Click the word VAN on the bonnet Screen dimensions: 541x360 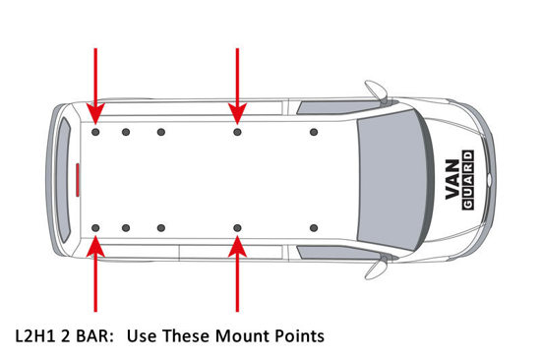(x=452, y=179)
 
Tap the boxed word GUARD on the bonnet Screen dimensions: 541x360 (x=467, y=180)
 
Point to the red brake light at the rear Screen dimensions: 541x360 (x=78, y=179)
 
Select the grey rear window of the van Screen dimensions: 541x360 (x=64, y=180)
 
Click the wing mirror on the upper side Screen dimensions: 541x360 (x=376, y=90)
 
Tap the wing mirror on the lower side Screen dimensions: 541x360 (x=376, y=269)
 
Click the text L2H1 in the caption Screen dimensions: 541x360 (x=35, y=335)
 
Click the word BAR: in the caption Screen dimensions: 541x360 (x=94, y=335)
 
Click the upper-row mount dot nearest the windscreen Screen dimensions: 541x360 (x=314, y=132)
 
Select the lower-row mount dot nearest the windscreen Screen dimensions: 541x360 (x=314, y=228)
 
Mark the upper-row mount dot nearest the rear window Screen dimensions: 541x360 (x=95, y=132)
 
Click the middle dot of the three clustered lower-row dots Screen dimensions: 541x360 (x=126, y=228)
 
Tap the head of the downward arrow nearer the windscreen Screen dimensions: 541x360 (x=237, y=113)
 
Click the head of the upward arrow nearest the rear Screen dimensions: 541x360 (x=95, y=246)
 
